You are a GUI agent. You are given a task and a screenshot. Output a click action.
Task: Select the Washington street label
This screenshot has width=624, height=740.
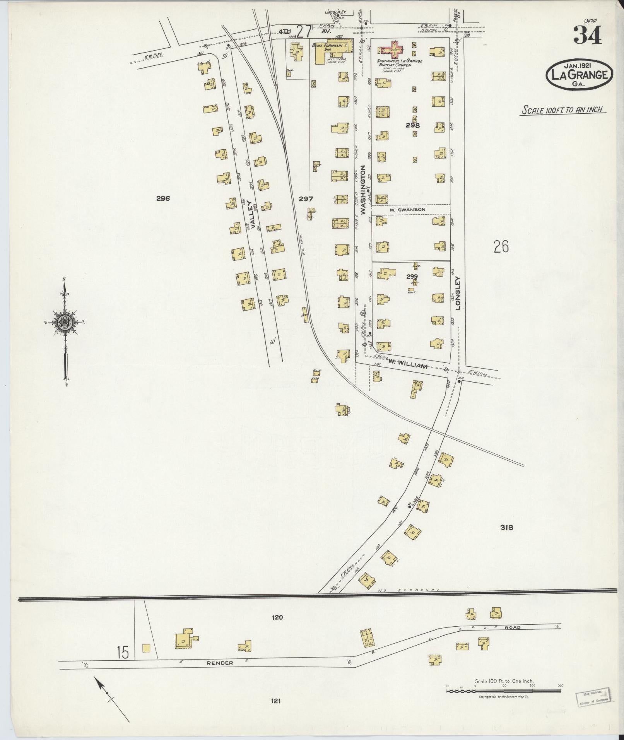click(363, 190)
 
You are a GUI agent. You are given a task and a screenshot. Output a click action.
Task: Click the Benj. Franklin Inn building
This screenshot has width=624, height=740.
click(332, 52)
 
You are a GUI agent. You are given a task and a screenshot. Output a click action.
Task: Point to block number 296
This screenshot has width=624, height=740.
click(163, 199)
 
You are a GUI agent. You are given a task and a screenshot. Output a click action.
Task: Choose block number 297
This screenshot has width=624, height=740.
click(306, 199)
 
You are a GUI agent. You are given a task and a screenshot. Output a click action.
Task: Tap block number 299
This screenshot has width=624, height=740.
click(412, 277)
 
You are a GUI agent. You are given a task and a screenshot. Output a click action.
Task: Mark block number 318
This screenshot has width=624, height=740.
click(506, 527)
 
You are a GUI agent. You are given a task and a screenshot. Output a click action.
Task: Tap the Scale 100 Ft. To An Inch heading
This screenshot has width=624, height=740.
click(563, 109)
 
